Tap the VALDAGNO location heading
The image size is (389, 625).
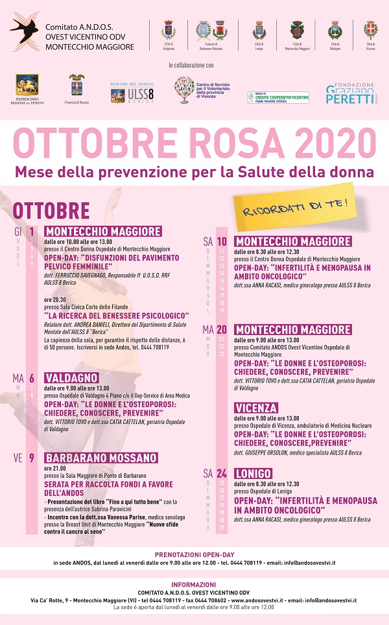tap(71, 378)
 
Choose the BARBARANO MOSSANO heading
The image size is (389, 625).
tap(100, 458)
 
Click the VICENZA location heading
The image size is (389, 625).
tap(257, 408)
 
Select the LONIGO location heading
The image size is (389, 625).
tap(253, 474)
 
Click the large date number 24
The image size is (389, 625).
tap(222, 474)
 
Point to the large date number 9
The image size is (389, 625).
tap(31, 458)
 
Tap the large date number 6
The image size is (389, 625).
tap(31, 378)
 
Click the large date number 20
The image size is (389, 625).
tap(222, 330)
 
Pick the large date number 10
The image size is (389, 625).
tap(222, 242)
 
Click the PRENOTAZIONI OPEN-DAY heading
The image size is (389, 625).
tap(194, 554)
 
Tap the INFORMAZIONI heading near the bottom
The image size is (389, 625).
tap(194, 584)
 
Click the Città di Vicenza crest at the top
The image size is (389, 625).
tap(370, 30)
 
